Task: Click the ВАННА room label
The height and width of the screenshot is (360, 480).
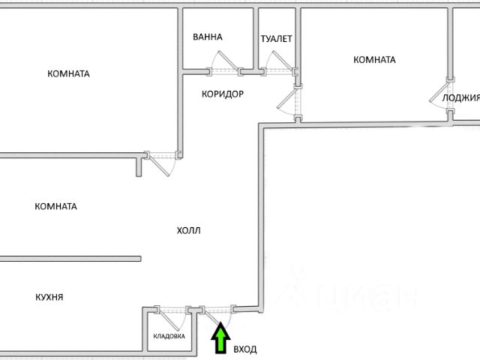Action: pos(207,37)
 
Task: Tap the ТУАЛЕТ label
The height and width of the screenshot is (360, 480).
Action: pos(276,38)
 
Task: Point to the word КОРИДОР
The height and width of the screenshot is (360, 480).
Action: pos(223,94)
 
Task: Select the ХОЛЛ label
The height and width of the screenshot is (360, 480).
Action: pos(189,231)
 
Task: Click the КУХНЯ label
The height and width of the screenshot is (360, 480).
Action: pos(49,297)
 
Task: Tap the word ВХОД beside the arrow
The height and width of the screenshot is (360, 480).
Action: pos(245,349)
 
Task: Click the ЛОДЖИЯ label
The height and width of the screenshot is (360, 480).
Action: pos(460,97)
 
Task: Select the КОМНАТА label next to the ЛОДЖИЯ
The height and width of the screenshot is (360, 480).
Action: pos(374,60)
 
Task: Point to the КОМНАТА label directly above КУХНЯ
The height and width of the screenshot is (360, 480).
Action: pos(56,206)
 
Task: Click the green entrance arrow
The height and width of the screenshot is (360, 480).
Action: pos(220,338)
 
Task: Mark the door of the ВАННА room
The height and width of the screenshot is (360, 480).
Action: pos(223,64)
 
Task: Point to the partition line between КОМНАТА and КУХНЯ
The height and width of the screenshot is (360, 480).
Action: pos(70,259)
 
